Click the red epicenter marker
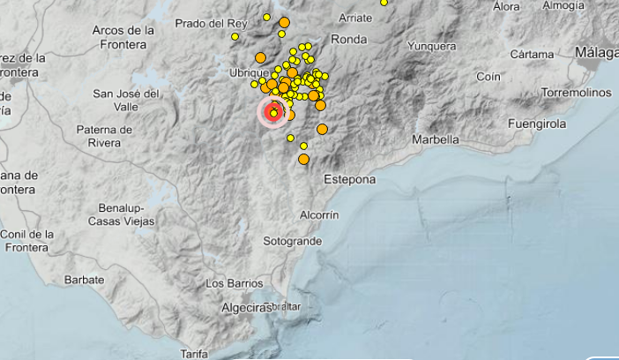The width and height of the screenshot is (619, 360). click(x=273, y=113)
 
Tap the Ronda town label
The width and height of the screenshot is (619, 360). click(x=348, y=39)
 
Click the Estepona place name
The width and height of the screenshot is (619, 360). click(x=349, y=179)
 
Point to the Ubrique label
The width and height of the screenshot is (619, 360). click(x=248, y=72)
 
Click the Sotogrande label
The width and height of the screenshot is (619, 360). click(x=291, y=240)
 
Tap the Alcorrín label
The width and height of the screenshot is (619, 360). click(x=319, y=214)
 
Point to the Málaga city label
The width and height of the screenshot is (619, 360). click(x=597, y=53)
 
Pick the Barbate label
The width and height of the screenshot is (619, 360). click(x=85, y=280)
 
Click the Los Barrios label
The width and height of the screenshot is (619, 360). click(x=234, y=283)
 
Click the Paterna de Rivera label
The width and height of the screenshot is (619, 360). click(x=104, y=136)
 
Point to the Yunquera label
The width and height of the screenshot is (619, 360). click(x=432, y=46)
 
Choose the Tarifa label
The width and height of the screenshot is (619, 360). click(x=193, y=354)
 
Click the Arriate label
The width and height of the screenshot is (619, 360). click(x=356, y=17)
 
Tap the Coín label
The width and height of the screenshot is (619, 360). click(x=488, y=77)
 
